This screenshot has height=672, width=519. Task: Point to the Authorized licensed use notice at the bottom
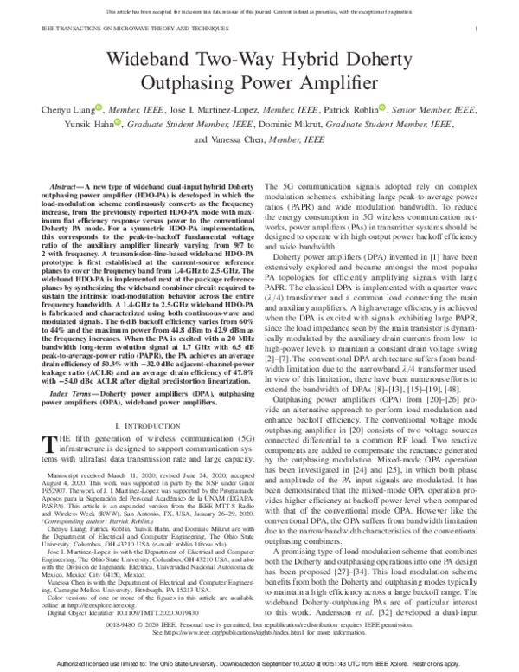click(259, 662)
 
